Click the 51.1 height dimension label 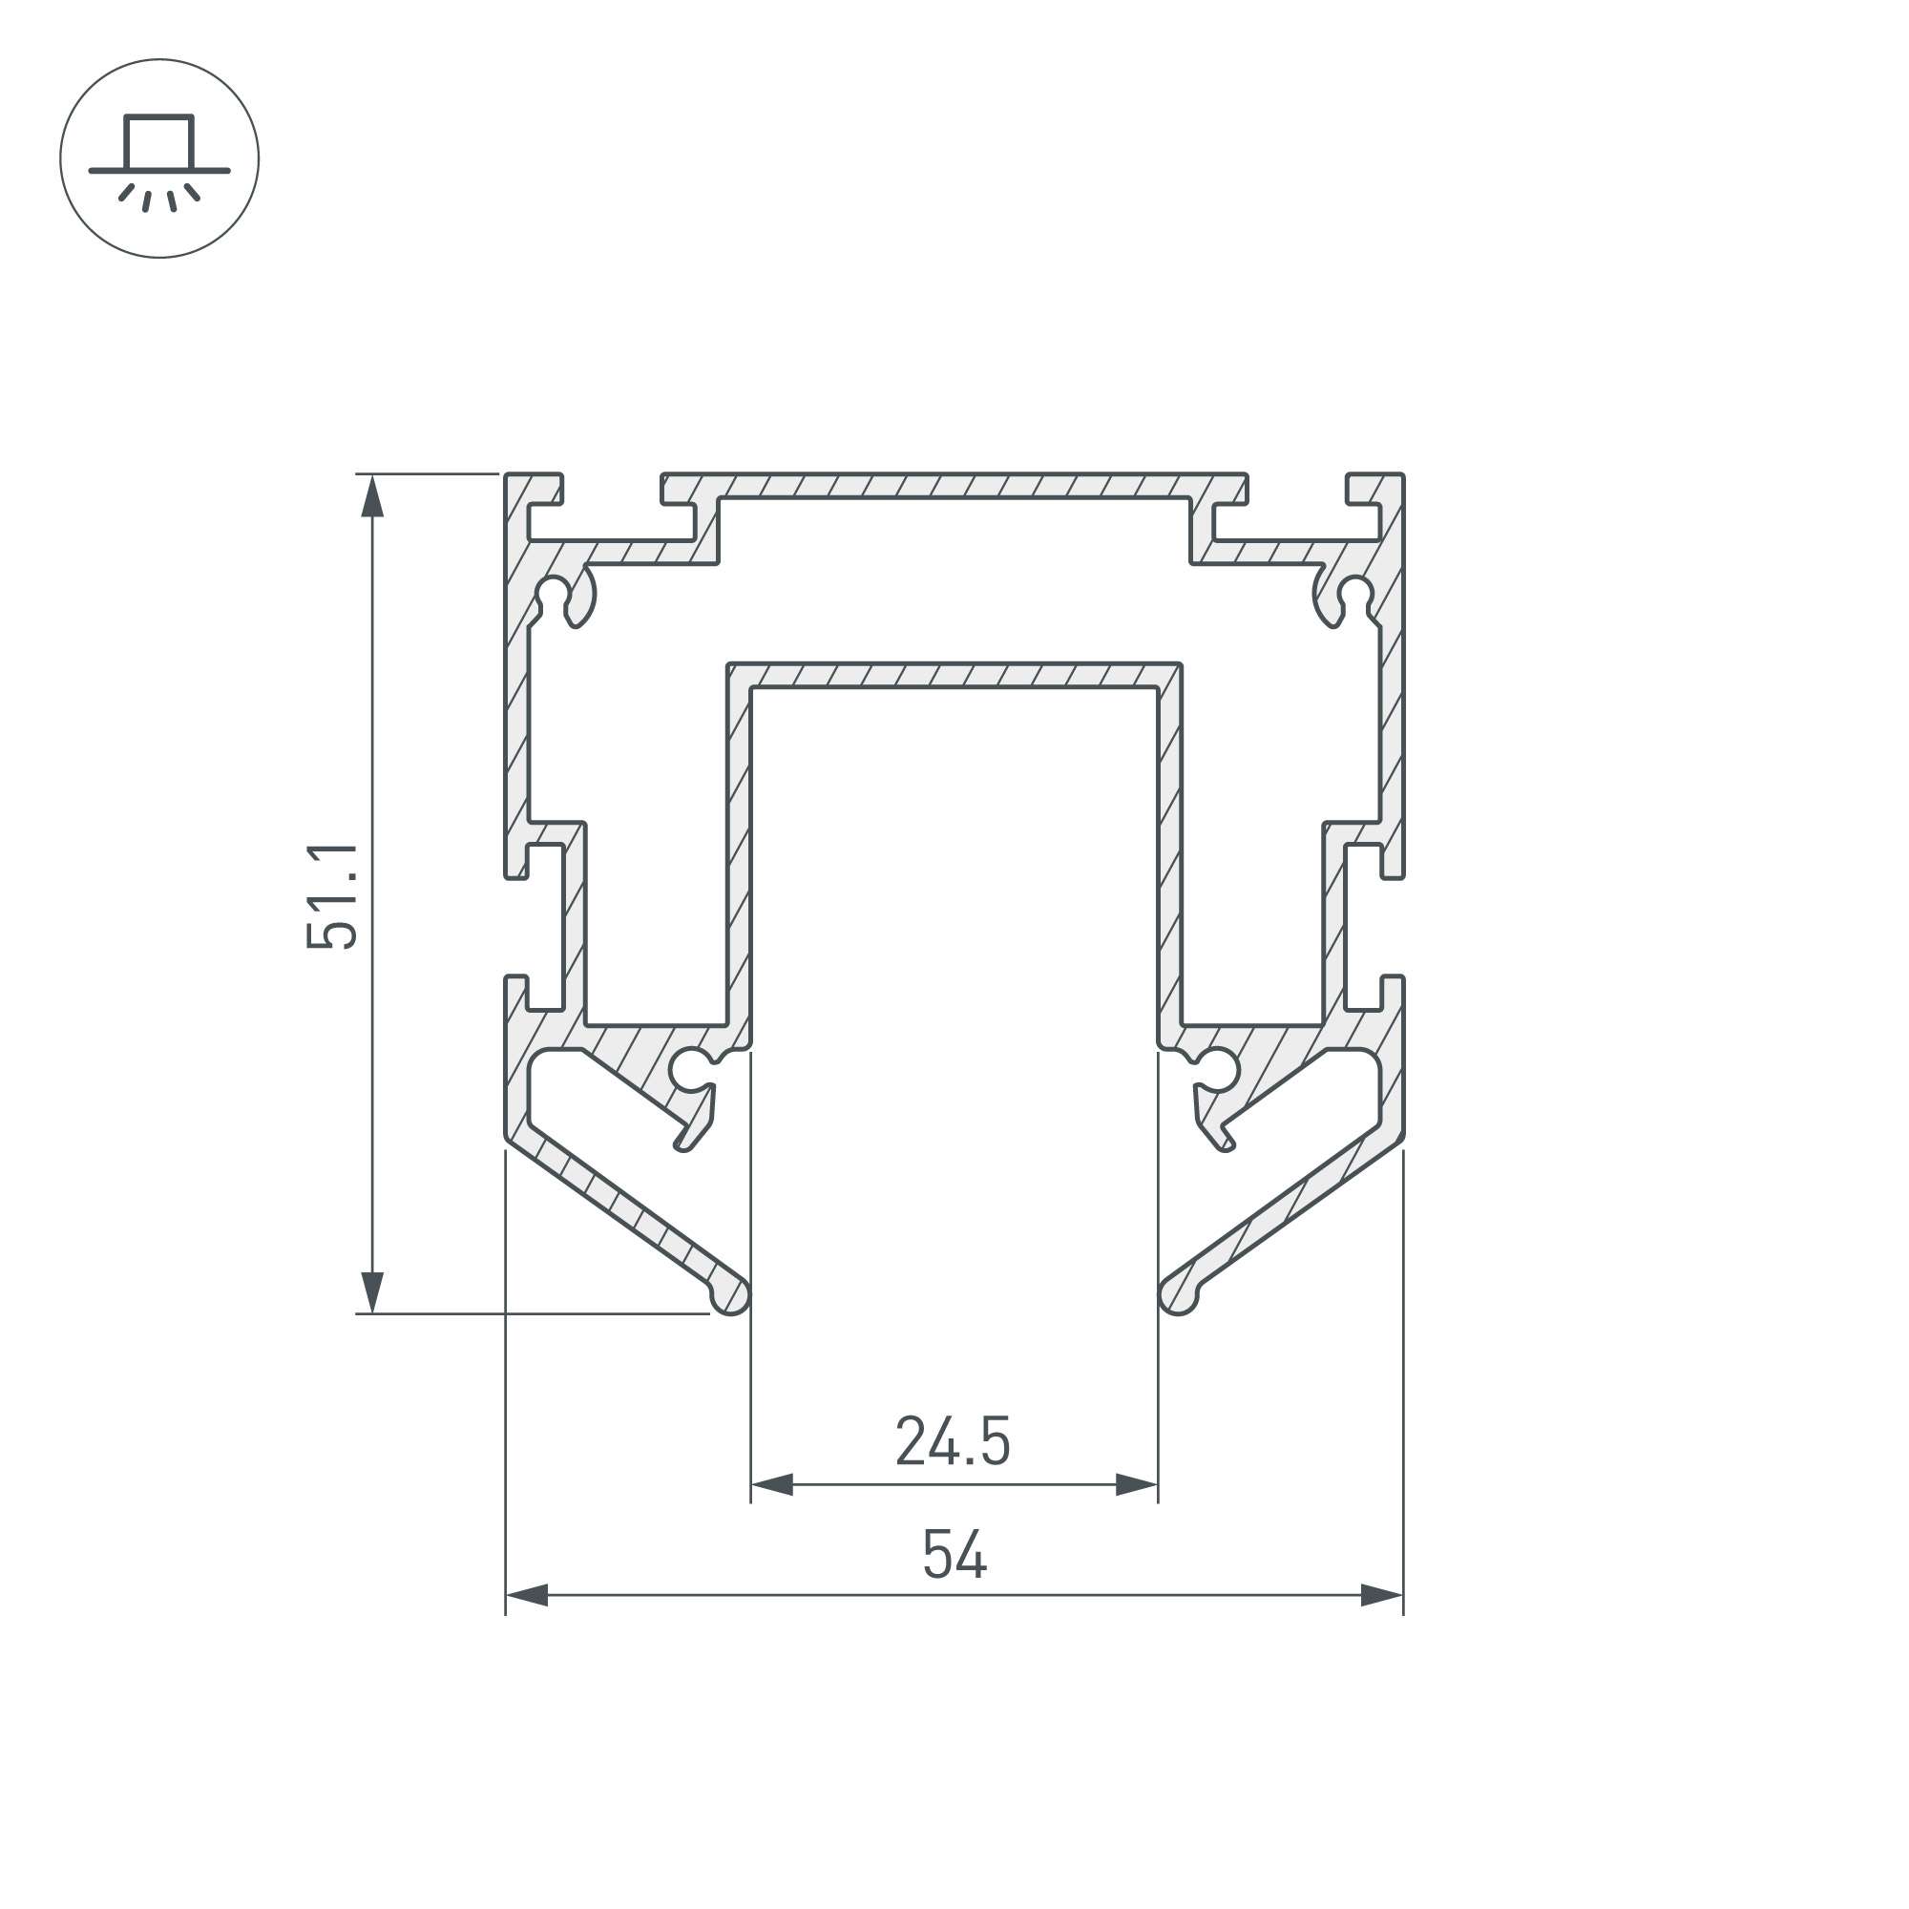pyautogui.click(x=332, y=896)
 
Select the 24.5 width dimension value pyautogui.click(x=953, y=1441)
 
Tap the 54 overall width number pyautogui.click(x=954, y=1554)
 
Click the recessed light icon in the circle pyautogui.click(x=159, y=162)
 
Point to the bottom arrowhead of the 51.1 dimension pyautogui.click(x=372, y=1292)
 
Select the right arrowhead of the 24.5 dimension pyautogui.click(x=1136, y=1484)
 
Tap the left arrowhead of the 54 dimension pyautogui.click(x=527, y=1595)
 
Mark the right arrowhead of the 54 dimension pyautogui.click(x=1381, y=1595)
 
